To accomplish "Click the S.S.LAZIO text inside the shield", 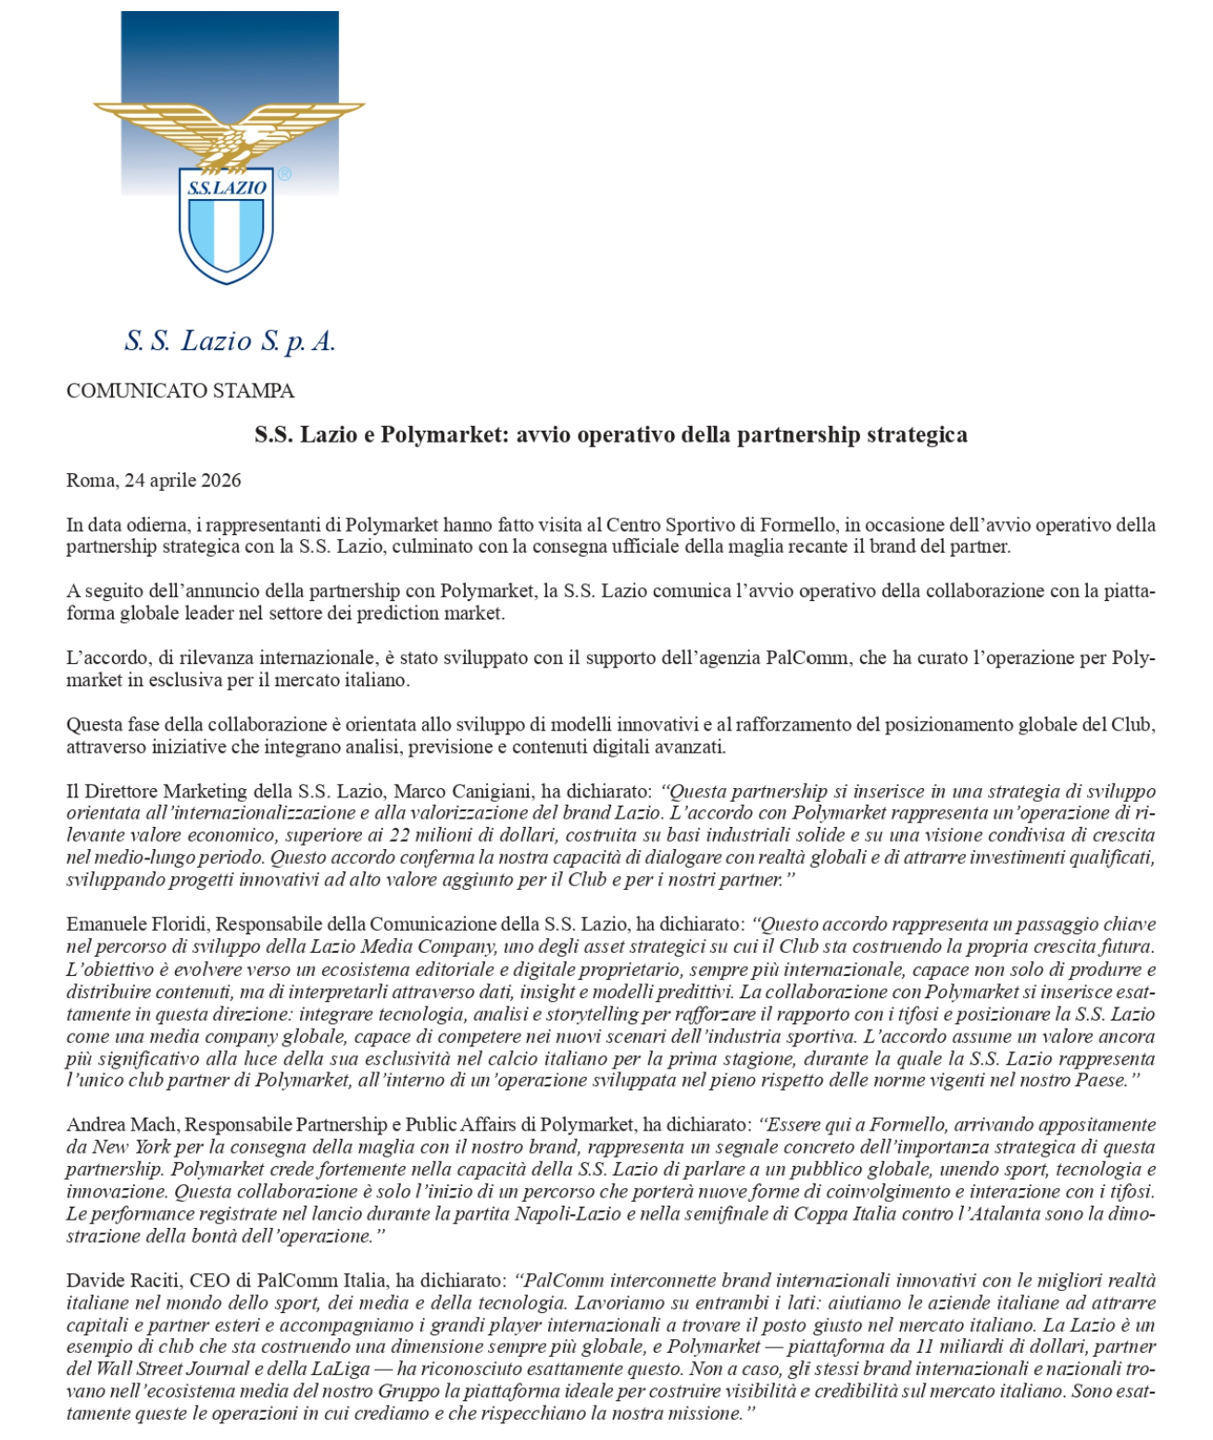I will pyautogui.click(x=226, y=188).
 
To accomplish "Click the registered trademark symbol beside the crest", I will pyautogui.click(x=284, y=174).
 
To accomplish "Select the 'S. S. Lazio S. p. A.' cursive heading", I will pyautogui.click(x=230, y=342).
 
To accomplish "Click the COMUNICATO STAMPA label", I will pyautogui.click(x=180, y=391).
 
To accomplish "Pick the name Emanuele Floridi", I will pyautogui.click(x=137, y=924).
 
